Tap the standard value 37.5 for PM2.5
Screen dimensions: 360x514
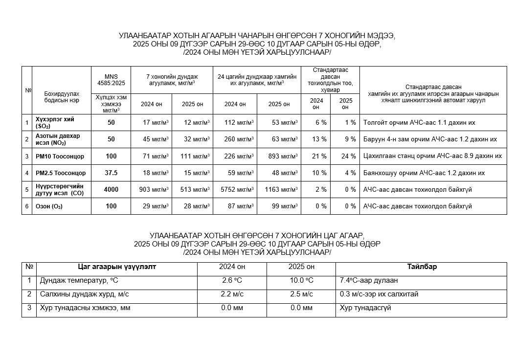(x=111, y=173)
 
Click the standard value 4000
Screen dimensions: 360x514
(x=111, y=190)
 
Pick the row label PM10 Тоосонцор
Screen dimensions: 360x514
(x=60, y=157)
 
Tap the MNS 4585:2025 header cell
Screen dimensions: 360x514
(x=111, y=80)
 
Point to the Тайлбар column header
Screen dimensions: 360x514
(x=422, y=267)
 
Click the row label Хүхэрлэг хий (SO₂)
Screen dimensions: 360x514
(x=55, y=123)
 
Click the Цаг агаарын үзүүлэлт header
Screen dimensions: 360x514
(x=117, y=267)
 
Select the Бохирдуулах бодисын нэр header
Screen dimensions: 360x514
(x=62, y=96)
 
